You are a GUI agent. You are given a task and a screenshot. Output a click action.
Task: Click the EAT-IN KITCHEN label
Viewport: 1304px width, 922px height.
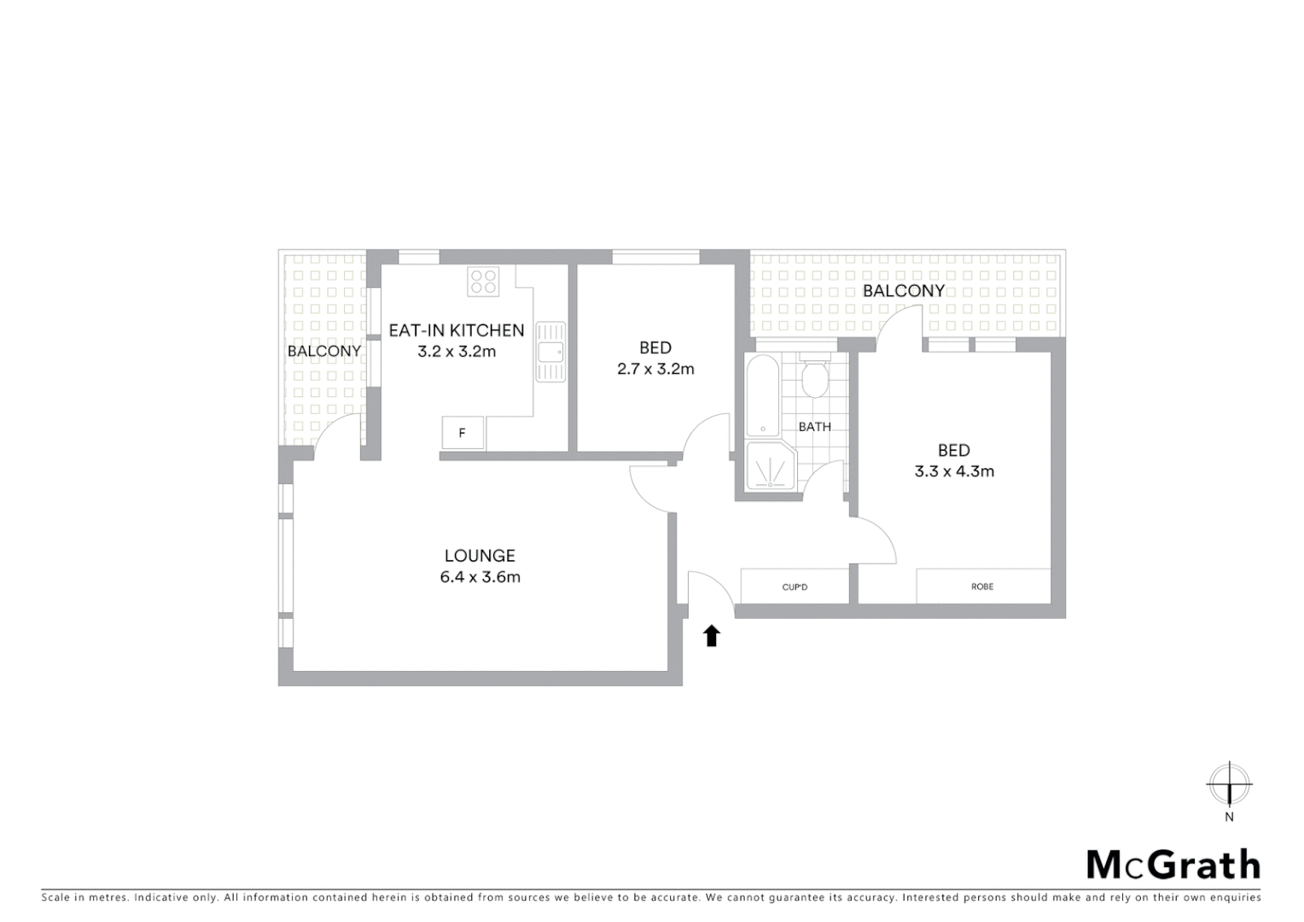pyautogui.click(x=457, y=330)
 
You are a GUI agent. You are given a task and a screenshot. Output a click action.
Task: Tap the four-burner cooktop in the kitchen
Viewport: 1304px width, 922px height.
pyautogui.click(x=483, y=282)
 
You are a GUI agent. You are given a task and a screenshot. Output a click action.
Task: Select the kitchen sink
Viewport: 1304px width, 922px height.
pyautogui.click(x=550, y=351)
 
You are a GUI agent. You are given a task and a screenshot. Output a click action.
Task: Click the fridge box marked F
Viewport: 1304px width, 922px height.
pyautogui.click(x=463, y=433)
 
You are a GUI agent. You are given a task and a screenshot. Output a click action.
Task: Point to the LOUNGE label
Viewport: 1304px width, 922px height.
pyautogui.click(x=480, y=556)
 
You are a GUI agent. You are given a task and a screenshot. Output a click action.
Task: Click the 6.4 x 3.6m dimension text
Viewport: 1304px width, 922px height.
pyautogui.click(x=480, y=577)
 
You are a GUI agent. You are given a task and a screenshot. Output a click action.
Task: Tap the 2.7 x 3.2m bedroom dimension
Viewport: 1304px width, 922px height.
pyautogui.click(x=655, y=369)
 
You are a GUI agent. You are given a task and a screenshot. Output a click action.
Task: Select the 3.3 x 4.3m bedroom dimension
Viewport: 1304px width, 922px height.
pyautogui.click(x=954, y=471)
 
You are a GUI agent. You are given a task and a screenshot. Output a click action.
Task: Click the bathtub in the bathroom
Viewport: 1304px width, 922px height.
pyautogui.click(x=761, y=396)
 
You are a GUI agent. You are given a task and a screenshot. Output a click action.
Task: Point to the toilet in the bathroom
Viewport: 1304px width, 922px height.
pyautogui.click(x=815, y=380)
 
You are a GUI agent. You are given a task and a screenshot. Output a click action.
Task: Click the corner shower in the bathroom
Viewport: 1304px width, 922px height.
pyautogui.click(x=770, y=467)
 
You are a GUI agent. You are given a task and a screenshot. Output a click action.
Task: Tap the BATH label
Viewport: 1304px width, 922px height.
pyautogui.click(x=814, y=427)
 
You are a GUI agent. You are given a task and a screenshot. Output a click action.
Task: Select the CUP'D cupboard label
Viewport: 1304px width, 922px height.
pyautogui.click(x=795, y=587)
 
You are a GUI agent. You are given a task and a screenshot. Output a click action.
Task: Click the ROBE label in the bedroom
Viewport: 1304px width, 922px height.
pyautogui.click(x=982, y=587)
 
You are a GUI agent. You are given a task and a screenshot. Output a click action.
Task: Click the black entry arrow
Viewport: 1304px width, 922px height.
pyautogui.click(x=712, y=635)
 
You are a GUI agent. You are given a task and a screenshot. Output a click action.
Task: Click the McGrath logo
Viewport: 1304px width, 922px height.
pyautogui.click(x=1173, y=865)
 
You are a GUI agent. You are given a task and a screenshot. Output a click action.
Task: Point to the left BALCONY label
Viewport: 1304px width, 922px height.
pyautogui.click(x=324, y=351)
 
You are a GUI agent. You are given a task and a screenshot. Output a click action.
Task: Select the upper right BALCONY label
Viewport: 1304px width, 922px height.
pyautogui.click(x=904, y=290)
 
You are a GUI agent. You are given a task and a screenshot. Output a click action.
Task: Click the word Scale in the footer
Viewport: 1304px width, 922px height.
pyautogui.click(x=55, y=897)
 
